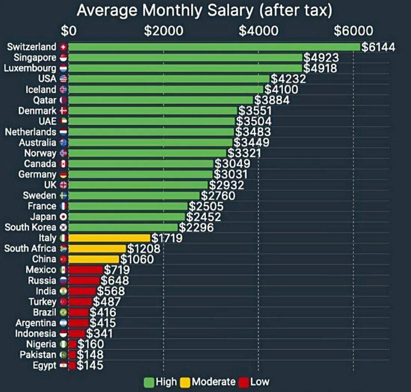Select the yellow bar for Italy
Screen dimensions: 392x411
tap(109, 238)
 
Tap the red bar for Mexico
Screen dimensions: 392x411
tap(85, 270)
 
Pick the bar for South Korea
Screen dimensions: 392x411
tap(123, 227)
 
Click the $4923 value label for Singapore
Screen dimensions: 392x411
tap(321, 58)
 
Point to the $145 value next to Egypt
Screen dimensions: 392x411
tap(90, 365)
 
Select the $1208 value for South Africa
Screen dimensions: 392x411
tap(143, 248)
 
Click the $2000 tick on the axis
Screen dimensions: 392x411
tap(164, 31)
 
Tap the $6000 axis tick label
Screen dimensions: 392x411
tap(353, 31)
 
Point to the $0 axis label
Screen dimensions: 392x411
tap(69, 31)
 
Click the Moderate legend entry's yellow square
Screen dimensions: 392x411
tap(185, 382)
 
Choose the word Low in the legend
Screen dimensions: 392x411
tap(260, 382)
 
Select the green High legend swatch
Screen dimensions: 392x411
tap(149, 382)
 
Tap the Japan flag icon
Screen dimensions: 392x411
tap(63, 217)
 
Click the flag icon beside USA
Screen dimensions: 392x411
tap(63, 79)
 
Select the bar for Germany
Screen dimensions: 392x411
tap(140, 175)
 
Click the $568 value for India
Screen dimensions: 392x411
tap(111, 291)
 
